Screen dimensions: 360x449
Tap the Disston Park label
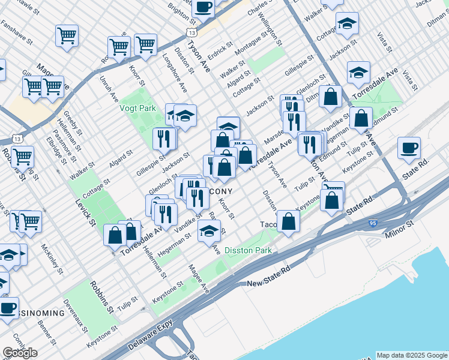248,250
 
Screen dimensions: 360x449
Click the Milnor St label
401,223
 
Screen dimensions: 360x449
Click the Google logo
20,353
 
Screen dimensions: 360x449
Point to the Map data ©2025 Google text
412,355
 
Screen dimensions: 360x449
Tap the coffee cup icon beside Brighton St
203,7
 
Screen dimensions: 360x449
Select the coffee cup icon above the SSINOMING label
8,308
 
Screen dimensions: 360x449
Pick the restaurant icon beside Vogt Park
163,139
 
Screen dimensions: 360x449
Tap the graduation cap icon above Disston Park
208,232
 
